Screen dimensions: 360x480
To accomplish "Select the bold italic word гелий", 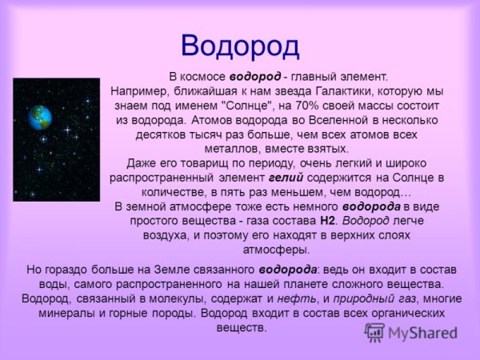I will (286, 178).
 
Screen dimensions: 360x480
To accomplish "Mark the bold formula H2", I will (327, 220).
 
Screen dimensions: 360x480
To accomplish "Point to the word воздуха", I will (173, 234).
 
